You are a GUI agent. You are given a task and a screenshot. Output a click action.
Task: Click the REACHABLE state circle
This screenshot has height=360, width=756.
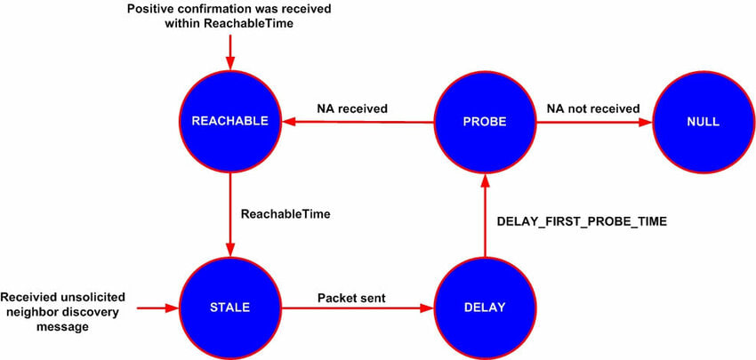[x=230, y=122]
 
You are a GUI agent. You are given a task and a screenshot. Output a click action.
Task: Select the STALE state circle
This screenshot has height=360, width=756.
[x=230, y=308]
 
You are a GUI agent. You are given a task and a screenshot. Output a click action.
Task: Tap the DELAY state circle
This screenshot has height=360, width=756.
[x=484, y=308]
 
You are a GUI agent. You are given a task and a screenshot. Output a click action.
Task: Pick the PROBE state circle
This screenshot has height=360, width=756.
[x=484, y=122]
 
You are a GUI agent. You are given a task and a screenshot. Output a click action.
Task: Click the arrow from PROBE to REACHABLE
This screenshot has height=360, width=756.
[x=356, y=123]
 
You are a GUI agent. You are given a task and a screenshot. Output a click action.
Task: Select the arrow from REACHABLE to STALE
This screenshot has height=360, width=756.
[x=230, y=213]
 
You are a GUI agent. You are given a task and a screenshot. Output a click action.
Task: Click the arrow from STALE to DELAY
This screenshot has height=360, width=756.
[x=356, y=308]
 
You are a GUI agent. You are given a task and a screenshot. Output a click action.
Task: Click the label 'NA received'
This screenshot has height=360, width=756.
[x=352, y=108]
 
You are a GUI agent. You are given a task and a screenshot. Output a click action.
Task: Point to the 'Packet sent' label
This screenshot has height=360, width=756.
[x=352, y=298]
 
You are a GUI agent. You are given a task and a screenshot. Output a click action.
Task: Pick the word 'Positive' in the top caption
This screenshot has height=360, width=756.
[x=153, y=9]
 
